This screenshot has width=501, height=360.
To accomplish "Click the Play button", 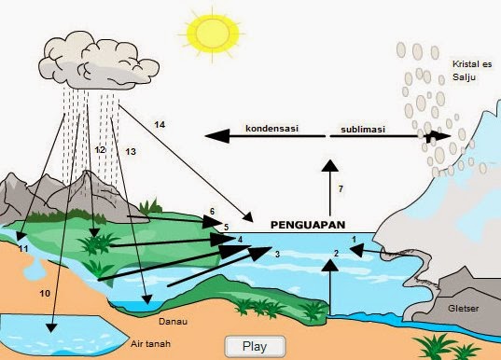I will point(255,345).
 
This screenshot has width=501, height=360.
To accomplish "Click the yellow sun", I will point(215,32).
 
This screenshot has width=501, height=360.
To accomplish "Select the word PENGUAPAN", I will point(308,225).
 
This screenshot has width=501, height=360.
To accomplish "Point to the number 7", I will point(341,189).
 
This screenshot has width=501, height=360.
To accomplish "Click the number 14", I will point(160,124).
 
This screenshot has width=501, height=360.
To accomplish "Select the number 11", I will point(23,249).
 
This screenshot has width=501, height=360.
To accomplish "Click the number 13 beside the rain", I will point(130,151).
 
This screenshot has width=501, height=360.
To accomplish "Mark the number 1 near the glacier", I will point(354,240).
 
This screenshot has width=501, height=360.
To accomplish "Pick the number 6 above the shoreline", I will point(213,212).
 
